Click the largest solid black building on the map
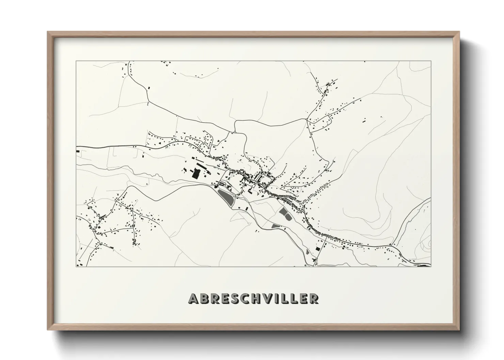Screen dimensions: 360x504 coord(196,174)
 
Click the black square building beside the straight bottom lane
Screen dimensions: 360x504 coord(318,249)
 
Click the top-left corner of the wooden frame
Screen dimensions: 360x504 coord(48,32)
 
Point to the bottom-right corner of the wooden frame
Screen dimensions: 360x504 coord(459,330)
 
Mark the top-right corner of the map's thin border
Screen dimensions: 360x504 coord(431,61)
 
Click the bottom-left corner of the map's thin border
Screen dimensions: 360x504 coord(76,266)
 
